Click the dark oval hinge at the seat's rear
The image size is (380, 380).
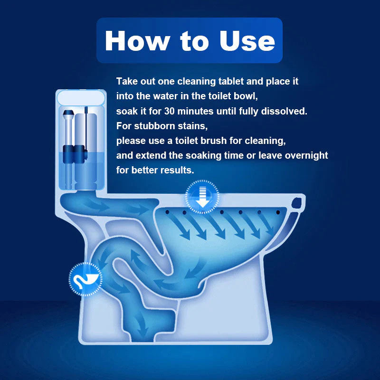pos(298,203)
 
